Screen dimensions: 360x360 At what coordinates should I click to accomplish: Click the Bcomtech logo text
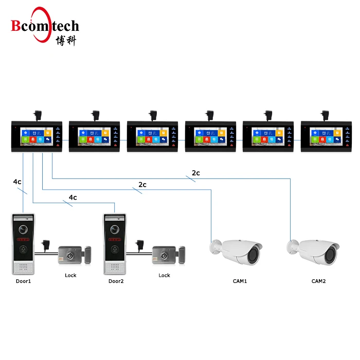click(45, 25)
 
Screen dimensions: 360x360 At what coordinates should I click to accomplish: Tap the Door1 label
click(24, 281)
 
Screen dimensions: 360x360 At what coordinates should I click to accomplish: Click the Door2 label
click(116, 281)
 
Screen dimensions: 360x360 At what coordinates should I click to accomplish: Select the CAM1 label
click(240, 281)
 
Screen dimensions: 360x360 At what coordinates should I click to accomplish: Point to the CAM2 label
click(319, 281)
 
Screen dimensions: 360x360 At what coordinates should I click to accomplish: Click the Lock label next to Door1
click(70, 275)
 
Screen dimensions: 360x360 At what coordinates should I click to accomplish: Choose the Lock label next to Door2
click(164, 275)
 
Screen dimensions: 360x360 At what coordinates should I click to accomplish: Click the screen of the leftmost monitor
click(35, 137)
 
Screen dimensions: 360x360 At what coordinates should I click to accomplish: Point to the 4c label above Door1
click(17, 182)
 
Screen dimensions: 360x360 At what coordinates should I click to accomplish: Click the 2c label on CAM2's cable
click(195, 173)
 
